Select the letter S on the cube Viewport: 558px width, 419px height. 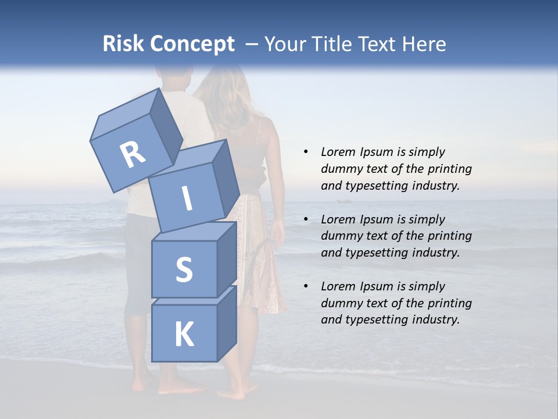(184, 269)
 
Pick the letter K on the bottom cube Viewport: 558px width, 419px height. (184, 335)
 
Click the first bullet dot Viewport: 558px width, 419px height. (306, 152)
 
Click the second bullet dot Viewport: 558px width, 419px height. (306, 219)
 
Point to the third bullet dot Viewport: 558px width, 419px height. (306, 286)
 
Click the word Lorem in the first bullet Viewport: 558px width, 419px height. (338, 152)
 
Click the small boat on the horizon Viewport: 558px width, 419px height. (344, 201)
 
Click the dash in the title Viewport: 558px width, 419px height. (252, 44)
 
